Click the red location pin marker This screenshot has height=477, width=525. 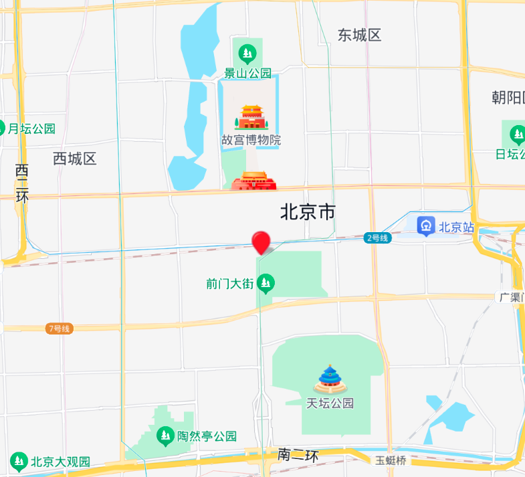point(261,242)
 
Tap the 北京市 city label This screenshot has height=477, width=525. point(308,213)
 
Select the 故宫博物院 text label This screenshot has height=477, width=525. point(251,140)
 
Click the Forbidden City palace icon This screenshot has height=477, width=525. point(251,117)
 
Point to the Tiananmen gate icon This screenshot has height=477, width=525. point(253,181)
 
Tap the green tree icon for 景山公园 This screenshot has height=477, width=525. point(247,52)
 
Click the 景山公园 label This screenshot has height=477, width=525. point(247,73)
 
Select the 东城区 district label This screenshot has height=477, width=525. point(359,35)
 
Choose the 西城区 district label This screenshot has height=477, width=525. point(75,159)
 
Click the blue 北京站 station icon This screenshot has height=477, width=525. point(426,226)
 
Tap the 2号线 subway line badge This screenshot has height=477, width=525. point(377,237)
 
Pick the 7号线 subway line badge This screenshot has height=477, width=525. point(60,328)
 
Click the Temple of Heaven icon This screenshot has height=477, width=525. point(330,379)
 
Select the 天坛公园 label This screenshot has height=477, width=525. point(330,403)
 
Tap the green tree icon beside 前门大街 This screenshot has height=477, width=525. point(267,284)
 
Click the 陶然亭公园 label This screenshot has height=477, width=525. point(207,436)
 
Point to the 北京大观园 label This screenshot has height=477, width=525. point(60,462)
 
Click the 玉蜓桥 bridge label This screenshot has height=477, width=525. point(391,460)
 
